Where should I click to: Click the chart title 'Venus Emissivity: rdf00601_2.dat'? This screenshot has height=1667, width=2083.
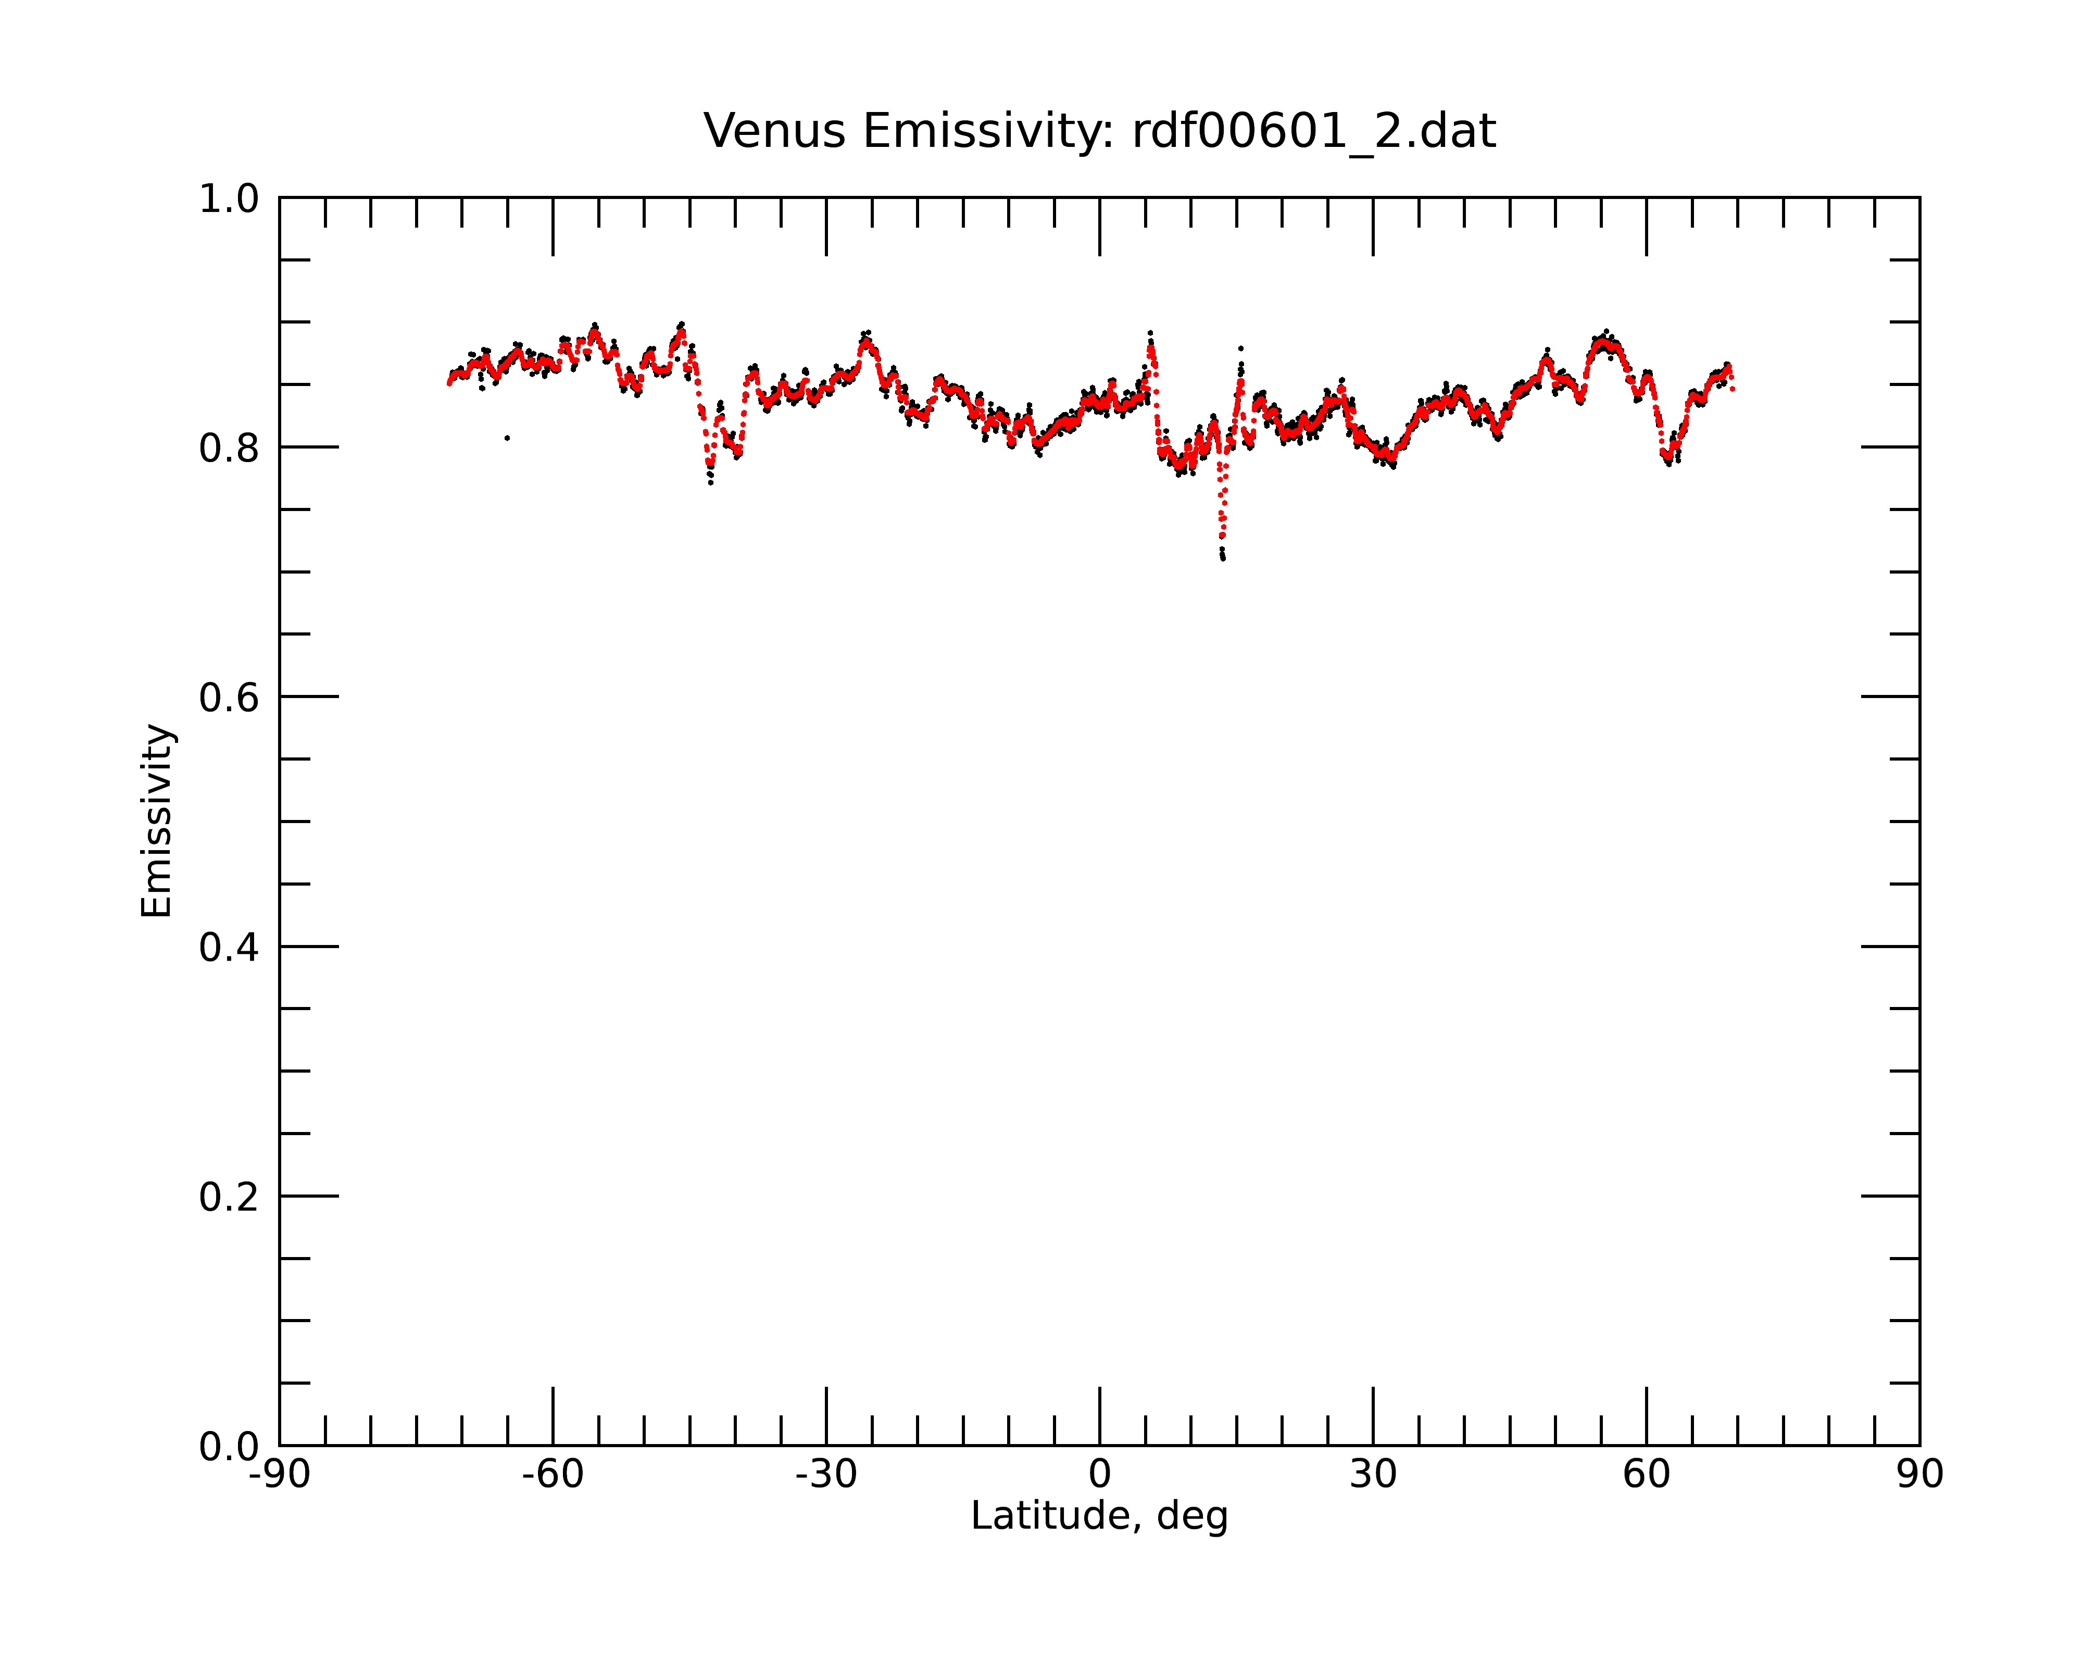tap(1099, 131)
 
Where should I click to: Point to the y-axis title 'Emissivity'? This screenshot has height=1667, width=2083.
tap(157, 820)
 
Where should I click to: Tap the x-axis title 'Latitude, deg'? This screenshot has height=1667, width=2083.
tap(1099, 1516)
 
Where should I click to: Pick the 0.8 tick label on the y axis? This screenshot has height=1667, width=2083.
tap(229, 449)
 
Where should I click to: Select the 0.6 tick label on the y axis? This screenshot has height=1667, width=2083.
tap(229, 698)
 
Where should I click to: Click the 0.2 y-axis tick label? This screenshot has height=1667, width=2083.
tap(229, 1197)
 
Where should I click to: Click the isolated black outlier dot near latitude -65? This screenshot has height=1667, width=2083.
tap(507, 438)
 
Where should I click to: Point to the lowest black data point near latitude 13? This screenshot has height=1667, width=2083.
tap(1223, 558)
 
